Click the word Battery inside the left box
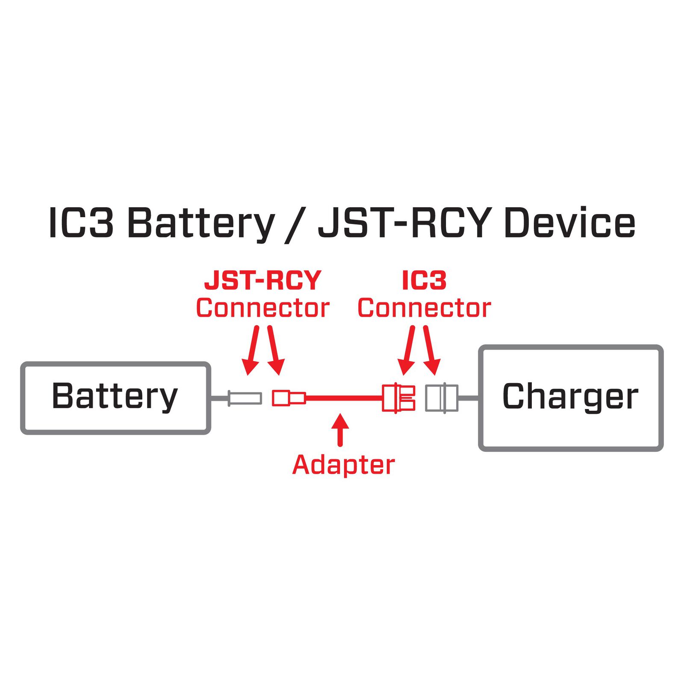(x=115, y=397)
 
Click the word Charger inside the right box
(x=570, y=397)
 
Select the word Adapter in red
(x=343, y=465)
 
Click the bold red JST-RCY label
(x=262, y=281)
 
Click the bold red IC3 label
(x=424, y=281)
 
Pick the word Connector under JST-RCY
(x=262, y=308)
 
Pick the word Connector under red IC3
(x=424, y=308)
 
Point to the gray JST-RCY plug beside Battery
(x=245, y=398)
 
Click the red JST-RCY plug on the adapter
(x=289, y=398)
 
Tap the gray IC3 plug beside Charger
(x=442, y=398)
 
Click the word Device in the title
(x=569, y=223)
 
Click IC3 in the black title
(x=81, y=223)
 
